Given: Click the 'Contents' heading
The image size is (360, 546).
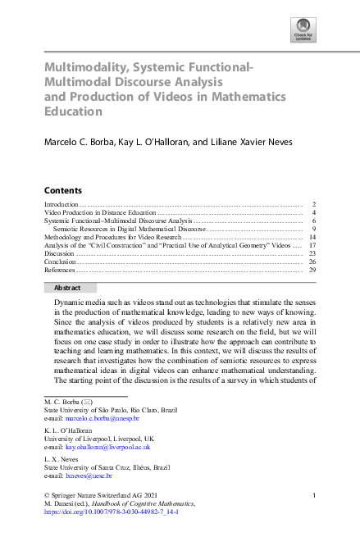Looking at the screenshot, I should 62,189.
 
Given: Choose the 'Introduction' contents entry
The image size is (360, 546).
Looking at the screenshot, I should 62,203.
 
